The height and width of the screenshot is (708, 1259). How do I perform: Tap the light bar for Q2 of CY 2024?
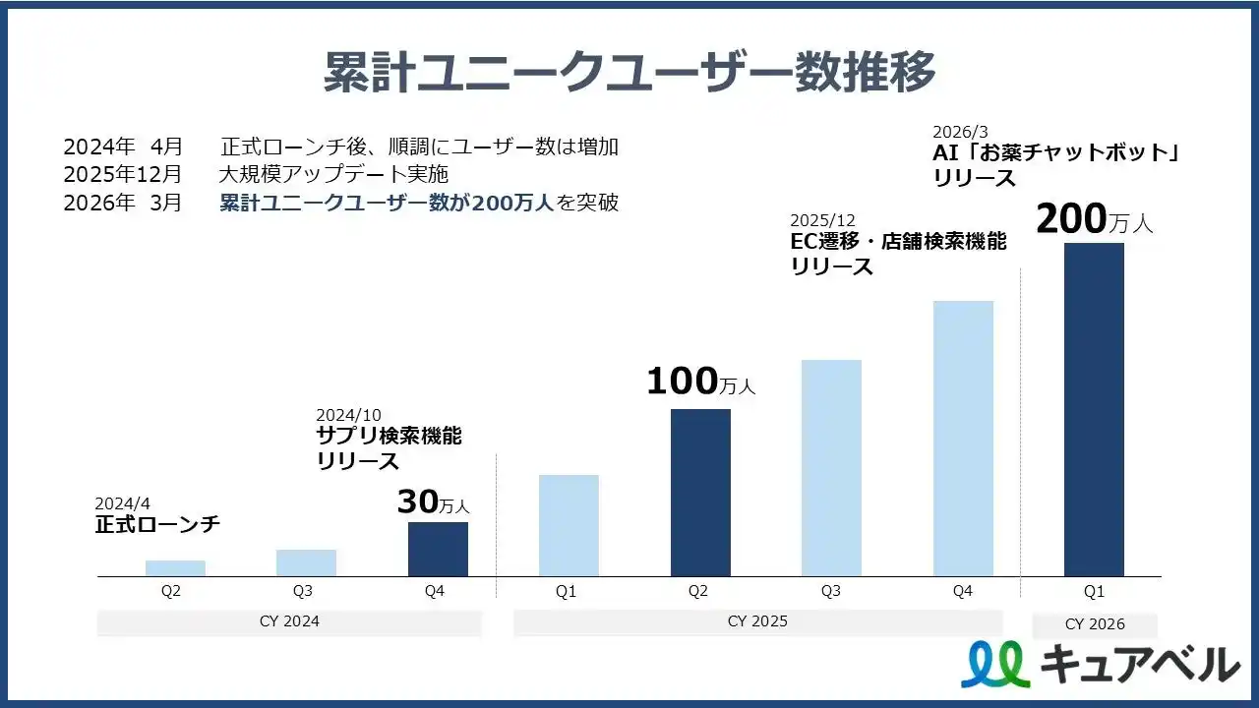click(175, 568)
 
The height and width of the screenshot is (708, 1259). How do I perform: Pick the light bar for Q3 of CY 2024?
click(306, 562)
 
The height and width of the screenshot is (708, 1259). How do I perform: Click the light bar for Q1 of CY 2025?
click(569, 525)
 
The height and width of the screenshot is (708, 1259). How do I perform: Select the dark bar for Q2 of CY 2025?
click(700, 492)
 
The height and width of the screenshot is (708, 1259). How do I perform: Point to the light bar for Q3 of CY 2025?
click(831, 468)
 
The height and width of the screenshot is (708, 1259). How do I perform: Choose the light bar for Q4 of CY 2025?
click(963, 439)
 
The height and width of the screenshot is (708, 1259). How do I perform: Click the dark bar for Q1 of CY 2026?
click(1094, 409)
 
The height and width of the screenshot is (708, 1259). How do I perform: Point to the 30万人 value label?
click(433, 502)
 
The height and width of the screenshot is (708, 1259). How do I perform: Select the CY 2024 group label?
click(289, 621)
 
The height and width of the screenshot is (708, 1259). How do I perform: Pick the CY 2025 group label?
click(757, 621)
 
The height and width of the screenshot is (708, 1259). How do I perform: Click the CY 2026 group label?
click(1094, 624)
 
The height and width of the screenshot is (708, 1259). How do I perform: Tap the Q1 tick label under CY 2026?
click(1094, 592)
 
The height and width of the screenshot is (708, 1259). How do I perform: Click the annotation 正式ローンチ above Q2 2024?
click(157, 525)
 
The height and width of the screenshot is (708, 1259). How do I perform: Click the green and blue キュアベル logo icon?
click(994, 665)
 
